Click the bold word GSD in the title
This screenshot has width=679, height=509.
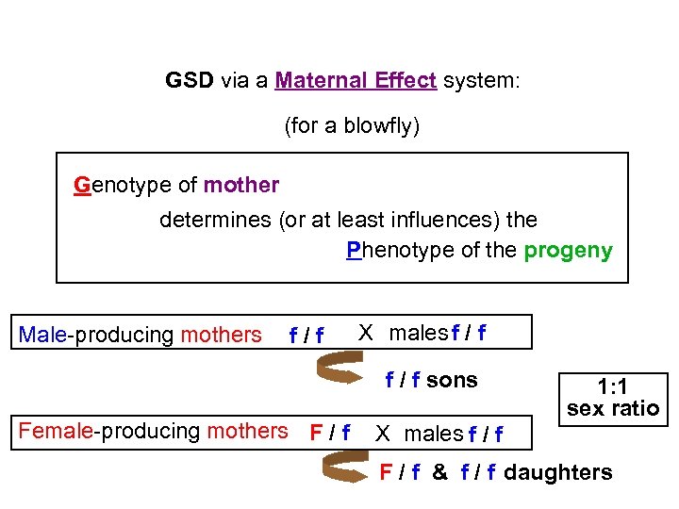tap(190, 81)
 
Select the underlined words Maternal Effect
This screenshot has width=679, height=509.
tap(356, 81)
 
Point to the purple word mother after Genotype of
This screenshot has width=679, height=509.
tap(241, 185)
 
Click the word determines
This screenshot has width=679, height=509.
tap(216, 220)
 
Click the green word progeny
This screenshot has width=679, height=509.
tap(568, 251)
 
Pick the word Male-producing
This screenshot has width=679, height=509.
tap(97, 335)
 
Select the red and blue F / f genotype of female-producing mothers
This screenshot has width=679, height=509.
tap(331, 433)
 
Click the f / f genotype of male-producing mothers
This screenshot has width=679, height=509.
tap(306, 336)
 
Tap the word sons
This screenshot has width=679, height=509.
tap(452, 380)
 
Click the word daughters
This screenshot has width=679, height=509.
tap(558, 472)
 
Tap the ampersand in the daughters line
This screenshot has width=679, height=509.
tap(439, 472)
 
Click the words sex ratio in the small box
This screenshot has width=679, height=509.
tap(613, 409)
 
